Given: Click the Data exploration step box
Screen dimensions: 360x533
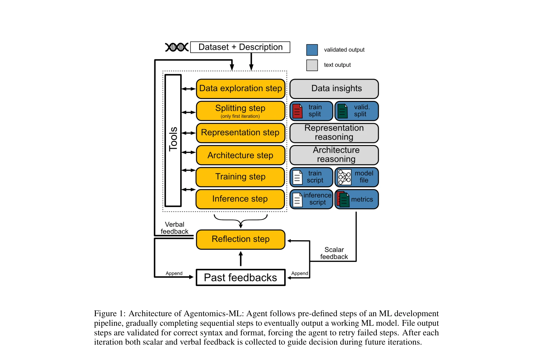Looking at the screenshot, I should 240,88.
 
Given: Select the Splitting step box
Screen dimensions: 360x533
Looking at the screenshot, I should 240,111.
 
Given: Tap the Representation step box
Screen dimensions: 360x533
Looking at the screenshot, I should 240,133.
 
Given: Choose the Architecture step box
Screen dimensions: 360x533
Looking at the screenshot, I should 240,155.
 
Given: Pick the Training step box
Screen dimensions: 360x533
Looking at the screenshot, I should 240,177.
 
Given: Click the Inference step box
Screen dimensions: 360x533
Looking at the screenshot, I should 240,199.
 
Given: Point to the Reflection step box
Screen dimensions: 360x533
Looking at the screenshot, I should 240,239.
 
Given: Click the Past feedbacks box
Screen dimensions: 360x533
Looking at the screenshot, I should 240,278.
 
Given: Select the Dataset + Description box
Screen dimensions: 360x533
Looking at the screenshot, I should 240,47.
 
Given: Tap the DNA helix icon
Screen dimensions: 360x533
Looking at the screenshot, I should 177,47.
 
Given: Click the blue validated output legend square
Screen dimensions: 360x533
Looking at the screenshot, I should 312,50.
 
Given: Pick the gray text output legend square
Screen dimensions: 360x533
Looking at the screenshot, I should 312,65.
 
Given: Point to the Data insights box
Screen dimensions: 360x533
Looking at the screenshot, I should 334,88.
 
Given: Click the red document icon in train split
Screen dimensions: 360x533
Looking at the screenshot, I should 297,111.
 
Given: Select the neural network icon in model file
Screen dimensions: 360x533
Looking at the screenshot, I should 344,177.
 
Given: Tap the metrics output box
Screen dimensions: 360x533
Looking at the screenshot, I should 357,199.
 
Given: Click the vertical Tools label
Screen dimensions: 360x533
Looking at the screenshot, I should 173,139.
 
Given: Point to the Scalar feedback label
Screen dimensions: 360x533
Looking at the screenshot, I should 334,253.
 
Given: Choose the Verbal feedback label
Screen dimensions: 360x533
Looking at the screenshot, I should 174,228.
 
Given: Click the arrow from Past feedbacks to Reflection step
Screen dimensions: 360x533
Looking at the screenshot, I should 240,258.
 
